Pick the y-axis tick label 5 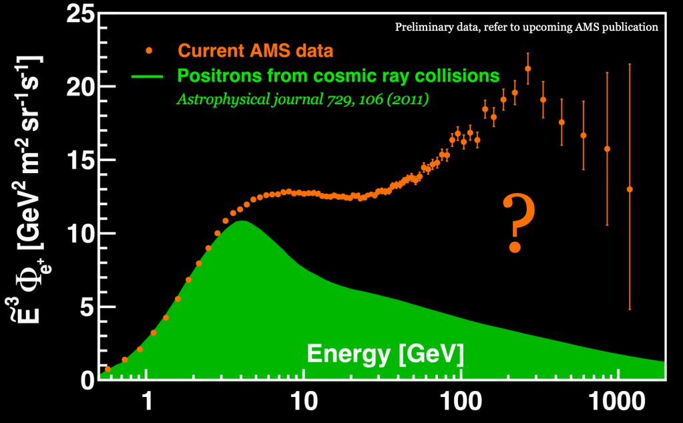[87, 307]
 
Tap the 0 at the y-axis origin [87, 380]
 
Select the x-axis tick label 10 [303, 403]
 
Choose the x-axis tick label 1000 [618, 403]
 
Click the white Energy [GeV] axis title [385, 353]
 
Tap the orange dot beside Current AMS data [150, 50]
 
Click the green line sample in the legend [150, 75]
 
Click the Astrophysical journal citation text [302, 100]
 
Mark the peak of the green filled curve [243, 221]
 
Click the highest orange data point [528, 68]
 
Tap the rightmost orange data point [630, 189]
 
